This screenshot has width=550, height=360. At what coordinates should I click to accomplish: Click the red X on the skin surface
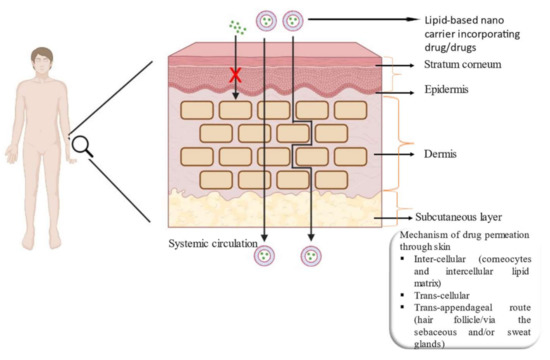(236, 76)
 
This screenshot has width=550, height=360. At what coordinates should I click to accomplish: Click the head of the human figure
(42, 56)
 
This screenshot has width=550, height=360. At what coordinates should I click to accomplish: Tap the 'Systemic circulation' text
(209, 242)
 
